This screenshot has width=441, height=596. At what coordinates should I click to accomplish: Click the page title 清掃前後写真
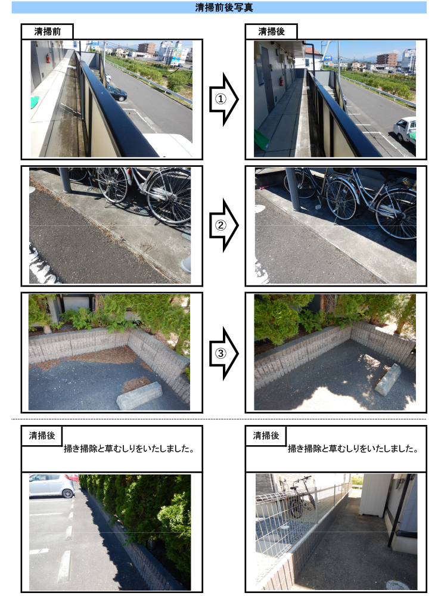tap(220, 8)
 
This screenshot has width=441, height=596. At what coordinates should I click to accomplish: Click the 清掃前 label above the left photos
tap(46, 32)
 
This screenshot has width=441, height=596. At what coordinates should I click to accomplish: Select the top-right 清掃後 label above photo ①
tap(271, 32)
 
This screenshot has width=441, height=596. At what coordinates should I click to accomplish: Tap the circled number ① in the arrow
tap(220, 99)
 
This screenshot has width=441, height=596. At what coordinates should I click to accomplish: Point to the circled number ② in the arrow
tap(220, 226)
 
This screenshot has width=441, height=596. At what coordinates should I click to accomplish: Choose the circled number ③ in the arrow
tap(220, 353)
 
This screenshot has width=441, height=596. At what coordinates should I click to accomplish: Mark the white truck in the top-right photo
tap(405, 129)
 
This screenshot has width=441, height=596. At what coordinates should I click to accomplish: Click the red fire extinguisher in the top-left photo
tap(47, 58)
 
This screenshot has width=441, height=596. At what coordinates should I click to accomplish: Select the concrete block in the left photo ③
tap(139, 395)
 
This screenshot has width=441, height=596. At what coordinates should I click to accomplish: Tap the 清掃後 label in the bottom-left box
tap(42, 436)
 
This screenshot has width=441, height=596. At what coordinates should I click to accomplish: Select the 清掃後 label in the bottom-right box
tap(266, 436)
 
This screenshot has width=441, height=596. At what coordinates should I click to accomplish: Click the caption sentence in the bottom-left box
tap(130, 449)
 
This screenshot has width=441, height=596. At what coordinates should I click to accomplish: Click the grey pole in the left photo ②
tap(64, 179)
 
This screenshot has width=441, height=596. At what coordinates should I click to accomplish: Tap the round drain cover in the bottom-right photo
tap(397, 585)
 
